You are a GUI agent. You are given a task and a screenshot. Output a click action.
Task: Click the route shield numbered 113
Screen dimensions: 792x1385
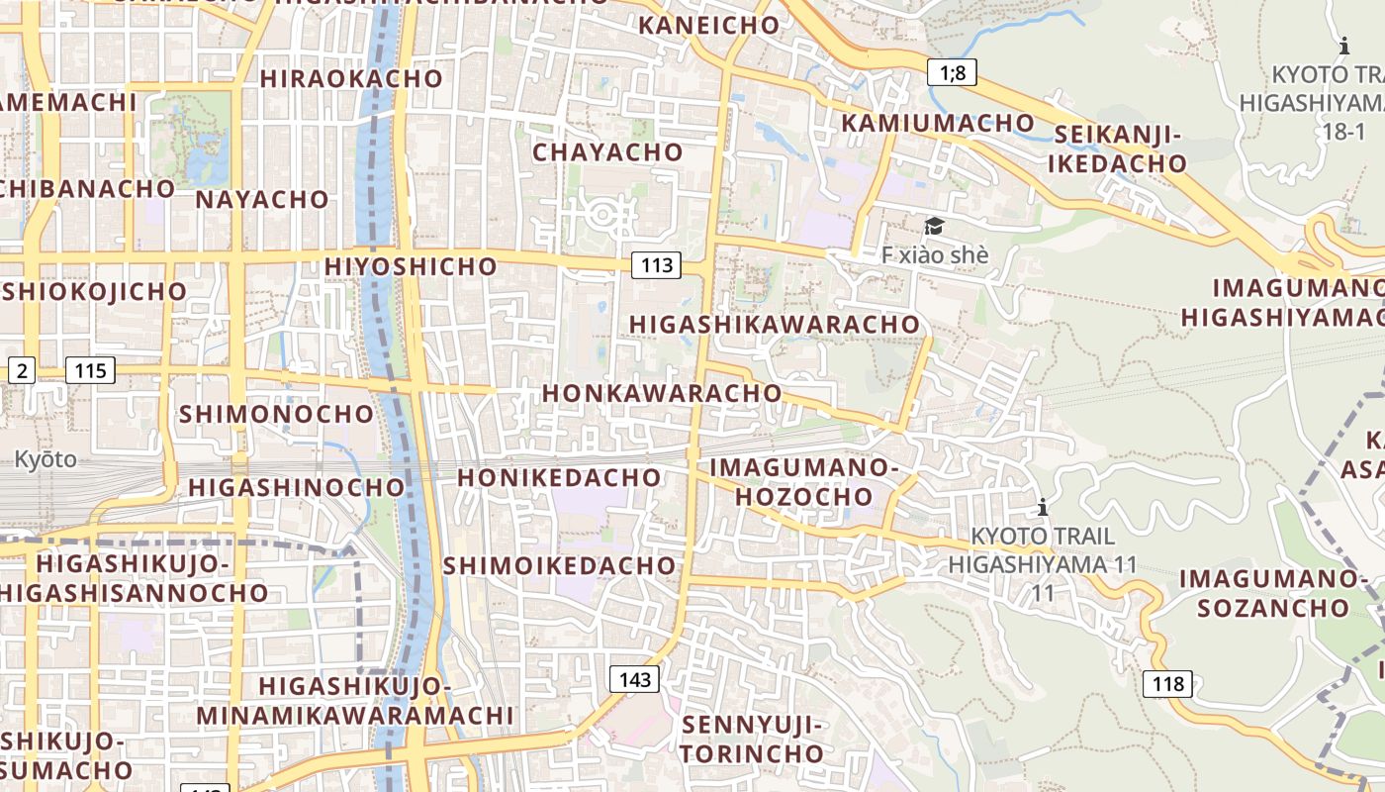656,264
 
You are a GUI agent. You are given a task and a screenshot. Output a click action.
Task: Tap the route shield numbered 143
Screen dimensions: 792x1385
633,679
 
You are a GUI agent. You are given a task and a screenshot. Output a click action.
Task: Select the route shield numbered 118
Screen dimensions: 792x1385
1167,683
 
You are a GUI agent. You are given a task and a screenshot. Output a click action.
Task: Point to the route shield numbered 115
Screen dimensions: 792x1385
90,371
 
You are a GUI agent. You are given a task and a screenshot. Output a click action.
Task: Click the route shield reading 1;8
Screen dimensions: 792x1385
952,71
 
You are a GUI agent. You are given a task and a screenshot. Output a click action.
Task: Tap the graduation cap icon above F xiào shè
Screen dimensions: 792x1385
934,227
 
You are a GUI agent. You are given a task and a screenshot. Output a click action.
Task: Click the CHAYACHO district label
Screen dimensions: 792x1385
607,152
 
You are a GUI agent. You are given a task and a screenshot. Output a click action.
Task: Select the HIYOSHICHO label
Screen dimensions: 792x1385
411,266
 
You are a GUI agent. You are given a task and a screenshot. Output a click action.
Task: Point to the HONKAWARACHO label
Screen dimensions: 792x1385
662,393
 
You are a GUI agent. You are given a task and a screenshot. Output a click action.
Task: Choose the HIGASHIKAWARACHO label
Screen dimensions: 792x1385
775,325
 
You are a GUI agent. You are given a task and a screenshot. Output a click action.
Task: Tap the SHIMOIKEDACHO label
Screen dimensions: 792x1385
559,566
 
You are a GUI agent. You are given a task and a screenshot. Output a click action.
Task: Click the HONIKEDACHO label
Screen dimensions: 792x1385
559,477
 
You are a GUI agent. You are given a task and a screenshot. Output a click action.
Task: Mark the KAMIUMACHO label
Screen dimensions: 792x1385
938,123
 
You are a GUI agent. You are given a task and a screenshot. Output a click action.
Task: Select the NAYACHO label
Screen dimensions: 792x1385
262,199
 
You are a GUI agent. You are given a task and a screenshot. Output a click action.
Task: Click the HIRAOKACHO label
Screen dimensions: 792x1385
351,78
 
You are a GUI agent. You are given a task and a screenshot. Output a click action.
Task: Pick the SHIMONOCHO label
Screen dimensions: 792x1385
276,414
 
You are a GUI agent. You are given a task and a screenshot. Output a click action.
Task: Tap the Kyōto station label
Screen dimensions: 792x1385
45,459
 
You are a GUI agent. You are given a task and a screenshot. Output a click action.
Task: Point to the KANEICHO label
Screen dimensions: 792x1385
709,25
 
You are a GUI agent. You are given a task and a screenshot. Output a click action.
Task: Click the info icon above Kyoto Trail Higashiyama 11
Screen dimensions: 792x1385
1042,509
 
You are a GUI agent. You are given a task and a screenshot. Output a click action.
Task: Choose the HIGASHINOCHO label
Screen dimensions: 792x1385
297,487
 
